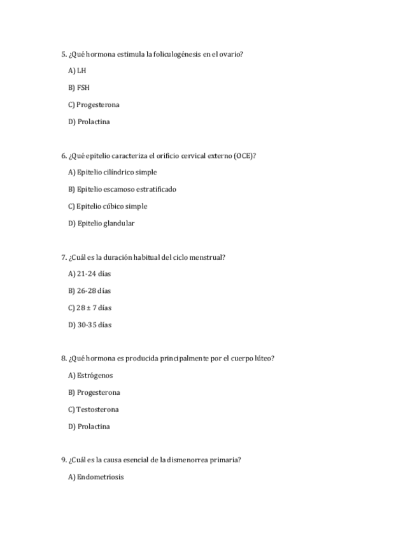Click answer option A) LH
coord(76,71)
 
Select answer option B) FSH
coord(78,88)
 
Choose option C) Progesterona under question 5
coord(93,105)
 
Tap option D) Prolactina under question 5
coord(88,122)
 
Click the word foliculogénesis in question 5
coord(177,54)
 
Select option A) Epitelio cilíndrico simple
coord(112,173)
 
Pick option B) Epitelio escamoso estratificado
coord(122,189)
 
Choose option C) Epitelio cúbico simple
coord(107,206)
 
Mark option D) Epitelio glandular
coord(101,224)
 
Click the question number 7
coord(64,257)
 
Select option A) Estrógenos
coord(90,376)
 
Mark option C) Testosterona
coord(93,409)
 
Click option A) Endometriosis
coord(95,477)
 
